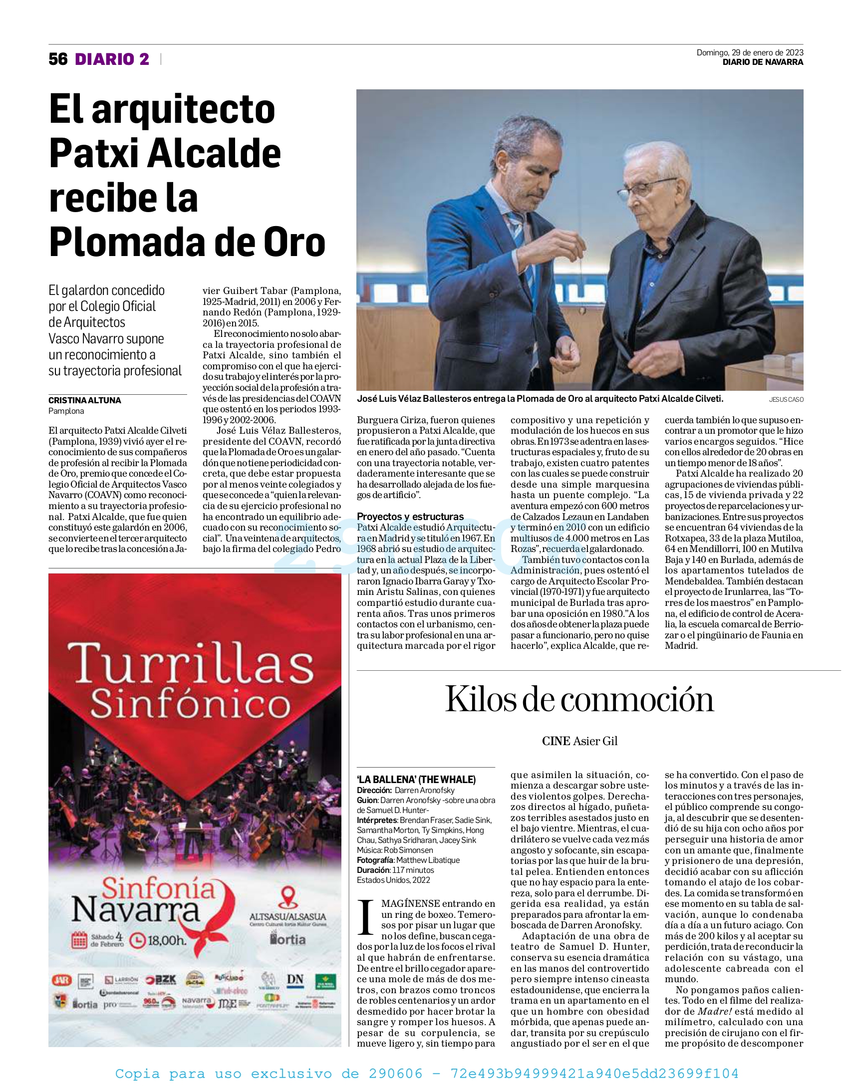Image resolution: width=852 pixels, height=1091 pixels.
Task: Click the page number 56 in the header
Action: [58, 59]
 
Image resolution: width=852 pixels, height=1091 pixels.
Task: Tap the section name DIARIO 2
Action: [112, 59]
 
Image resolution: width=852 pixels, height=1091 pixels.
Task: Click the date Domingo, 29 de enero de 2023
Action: [750, 52]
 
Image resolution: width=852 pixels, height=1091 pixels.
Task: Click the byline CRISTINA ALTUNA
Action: [84, 400]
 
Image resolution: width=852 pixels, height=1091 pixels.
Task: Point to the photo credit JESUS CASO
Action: [786, 400]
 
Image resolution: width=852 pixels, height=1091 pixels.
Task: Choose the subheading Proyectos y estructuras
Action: [410, 517]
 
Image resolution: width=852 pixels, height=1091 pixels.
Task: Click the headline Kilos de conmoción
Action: [579, 699]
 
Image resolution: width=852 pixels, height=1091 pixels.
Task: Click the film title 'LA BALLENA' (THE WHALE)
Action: [416, 780]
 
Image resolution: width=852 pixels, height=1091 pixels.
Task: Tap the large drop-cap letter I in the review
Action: [366, 917]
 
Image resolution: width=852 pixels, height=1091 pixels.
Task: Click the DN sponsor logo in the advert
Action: [295, 980]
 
